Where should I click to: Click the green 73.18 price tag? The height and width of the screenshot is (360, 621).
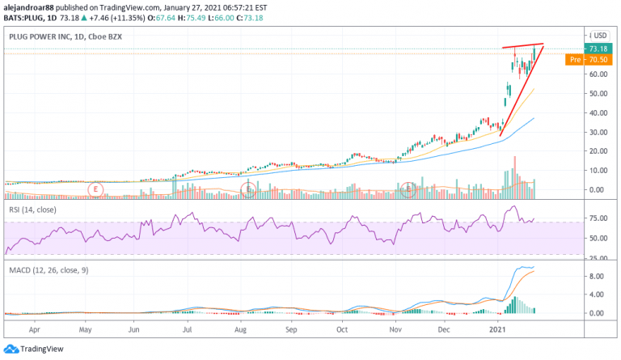click(598, 49)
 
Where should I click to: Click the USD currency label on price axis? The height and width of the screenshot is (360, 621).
click(600, 35)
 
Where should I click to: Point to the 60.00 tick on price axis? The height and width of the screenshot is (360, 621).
click(598, 74)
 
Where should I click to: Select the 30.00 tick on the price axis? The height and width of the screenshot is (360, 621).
click(598, 132)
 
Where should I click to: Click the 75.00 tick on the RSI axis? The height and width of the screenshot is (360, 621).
click(598, 218)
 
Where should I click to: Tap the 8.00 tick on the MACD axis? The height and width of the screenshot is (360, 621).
click(596, 276)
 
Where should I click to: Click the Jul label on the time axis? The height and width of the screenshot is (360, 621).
click(188, 330)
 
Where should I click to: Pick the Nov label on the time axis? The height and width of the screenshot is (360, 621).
click(396, 330)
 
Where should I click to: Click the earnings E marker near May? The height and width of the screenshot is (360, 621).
click(95, 189)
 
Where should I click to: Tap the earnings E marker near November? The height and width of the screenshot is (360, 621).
click(409, 189)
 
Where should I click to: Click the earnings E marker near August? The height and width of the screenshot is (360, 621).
click(250, 189)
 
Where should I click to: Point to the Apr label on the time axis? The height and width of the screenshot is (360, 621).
click(35, 330)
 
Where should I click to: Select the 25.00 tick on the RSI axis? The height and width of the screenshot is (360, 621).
click(598, 257)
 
